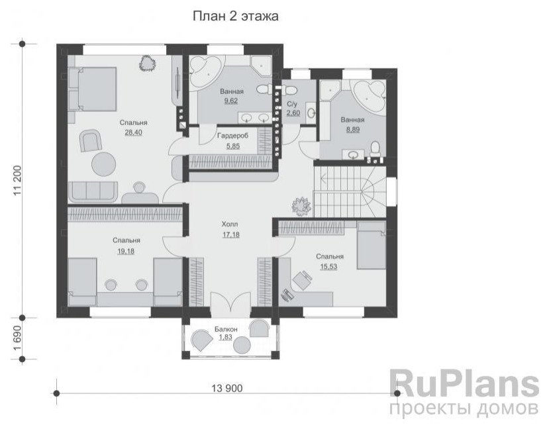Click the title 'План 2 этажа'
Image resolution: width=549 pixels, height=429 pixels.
[x=235, y=16]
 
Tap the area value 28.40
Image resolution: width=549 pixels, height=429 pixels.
[x=133, y=132]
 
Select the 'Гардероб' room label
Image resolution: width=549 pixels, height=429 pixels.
[x=233, y=136]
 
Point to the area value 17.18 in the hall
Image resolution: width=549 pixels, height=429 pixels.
[x=230, y=234]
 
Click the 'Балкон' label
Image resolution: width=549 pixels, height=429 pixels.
[x=226, y=329]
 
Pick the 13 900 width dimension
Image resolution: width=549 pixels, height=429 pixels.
[x=227, y=388]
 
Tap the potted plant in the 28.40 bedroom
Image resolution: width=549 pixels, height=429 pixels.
[x=147, y=64]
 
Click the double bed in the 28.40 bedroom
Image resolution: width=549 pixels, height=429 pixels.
[x=92, y=89]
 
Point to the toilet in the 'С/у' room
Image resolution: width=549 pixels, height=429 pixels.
[x=289, y=89]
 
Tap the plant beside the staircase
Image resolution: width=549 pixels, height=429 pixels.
[x=301, y=205]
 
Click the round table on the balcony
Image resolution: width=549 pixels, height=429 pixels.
[x=242, y=344]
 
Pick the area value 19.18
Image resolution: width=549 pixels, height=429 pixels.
[x=126, y=251]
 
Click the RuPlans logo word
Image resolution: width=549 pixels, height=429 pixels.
[x=464, y=385]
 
